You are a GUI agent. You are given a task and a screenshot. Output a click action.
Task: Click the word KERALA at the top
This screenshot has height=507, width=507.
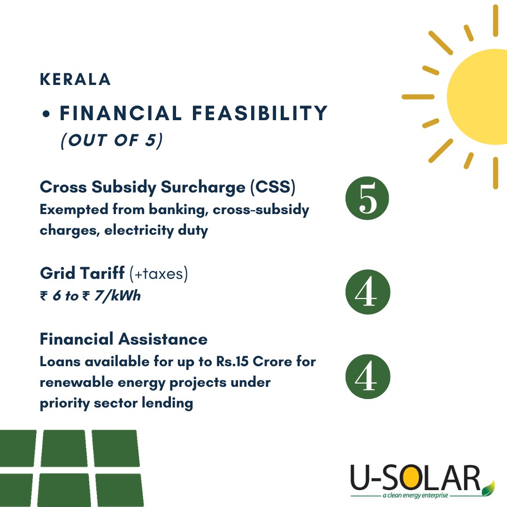click(x=75, y=80)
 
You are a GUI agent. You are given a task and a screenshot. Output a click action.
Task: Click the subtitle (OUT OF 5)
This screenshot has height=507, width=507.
click(x=111, y=140)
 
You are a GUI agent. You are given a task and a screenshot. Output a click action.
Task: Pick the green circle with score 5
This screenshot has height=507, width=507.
click(x=368, y=200)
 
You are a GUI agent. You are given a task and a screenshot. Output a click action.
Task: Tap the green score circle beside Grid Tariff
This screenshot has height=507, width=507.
click(x=368, y=292)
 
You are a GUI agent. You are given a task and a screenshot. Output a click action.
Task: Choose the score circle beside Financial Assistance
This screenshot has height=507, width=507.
click(x=368, y=376)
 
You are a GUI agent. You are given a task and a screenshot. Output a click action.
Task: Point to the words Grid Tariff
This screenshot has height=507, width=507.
click(x=83, y=274)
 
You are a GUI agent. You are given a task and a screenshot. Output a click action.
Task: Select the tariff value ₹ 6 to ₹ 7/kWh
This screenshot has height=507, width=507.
click(x=90, y=296)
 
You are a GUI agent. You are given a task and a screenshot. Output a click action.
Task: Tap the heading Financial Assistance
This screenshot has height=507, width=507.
click(x=123, y=338)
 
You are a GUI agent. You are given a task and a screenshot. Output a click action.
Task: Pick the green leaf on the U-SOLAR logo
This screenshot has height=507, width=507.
click(x=489, y=486)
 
